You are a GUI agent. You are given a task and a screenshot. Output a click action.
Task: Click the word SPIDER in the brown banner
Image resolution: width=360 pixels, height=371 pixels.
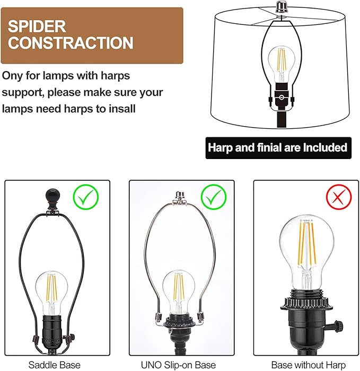click(37, 26)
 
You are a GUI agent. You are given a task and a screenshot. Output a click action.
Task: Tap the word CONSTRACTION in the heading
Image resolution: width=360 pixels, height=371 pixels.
click(71, 42)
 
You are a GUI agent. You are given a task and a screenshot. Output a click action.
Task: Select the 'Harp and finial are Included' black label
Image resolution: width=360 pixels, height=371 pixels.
click(278, 148)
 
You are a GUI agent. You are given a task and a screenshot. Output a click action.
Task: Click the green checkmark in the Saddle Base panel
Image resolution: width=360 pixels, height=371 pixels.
click(86, 197)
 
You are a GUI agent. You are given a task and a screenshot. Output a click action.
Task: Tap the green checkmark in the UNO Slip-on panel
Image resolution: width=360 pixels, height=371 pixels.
click(214, 197)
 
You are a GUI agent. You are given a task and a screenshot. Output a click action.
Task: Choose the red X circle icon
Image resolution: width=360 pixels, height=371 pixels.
click(339, 197)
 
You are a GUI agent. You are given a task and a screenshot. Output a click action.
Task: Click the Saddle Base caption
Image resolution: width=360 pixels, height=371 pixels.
click(55, 365)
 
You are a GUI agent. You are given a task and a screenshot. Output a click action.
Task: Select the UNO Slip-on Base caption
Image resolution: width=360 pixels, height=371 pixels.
click(179, 365)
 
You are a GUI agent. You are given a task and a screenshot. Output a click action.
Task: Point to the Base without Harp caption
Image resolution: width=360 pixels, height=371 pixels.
click(309, 365)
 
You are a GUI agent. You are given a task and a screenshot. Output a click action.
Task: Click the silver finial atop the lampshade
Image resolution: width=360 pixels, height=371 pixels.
click(282, 7)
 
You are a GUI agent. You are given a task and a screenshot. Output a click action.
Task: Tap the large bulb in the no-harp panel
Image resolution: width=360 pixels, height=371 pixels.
click(307, 252)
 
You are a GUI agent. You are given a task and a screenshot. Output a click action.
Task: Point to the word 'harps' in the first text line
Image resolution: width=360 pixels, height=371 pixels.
click(115, 76)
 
